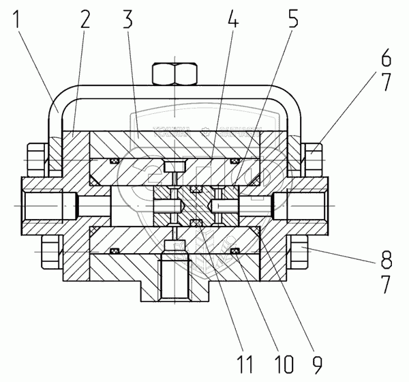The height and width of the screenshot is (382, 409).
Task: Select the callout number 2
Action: point(84,20)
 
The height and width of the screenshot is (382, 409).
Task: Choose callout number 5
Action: point(292,20)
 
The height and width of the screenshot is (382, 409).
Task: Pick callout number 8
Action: point(385,260)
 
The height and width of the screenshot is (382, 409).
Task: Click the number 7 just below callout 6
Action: point(385,83)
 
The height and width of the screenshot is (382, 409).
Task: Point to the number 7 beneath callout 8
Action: point(385,281)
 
